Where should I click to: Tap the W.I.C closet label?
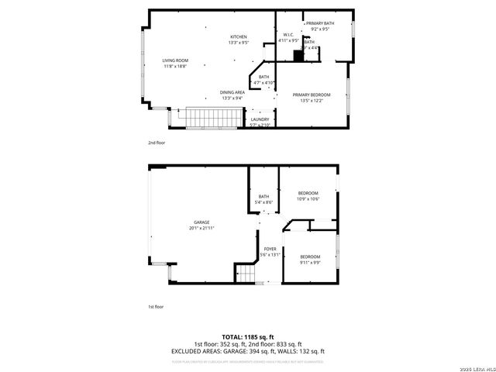287,35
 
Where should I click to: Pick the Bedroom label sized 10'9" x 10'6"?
308,195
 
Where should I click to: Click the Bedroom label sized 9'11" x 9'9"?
310,259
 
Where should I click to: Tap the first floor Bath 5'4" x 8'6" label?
263,199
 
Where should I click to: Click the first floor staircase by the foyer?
247,274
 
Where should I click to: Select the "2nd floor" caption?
156,143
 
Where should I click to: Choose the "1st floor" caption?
156,307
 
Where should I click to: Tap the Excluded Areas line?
248,351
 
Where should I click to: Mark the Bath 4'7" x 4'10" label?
264,79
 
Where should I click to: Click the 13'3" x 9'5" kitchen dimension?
238,43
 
